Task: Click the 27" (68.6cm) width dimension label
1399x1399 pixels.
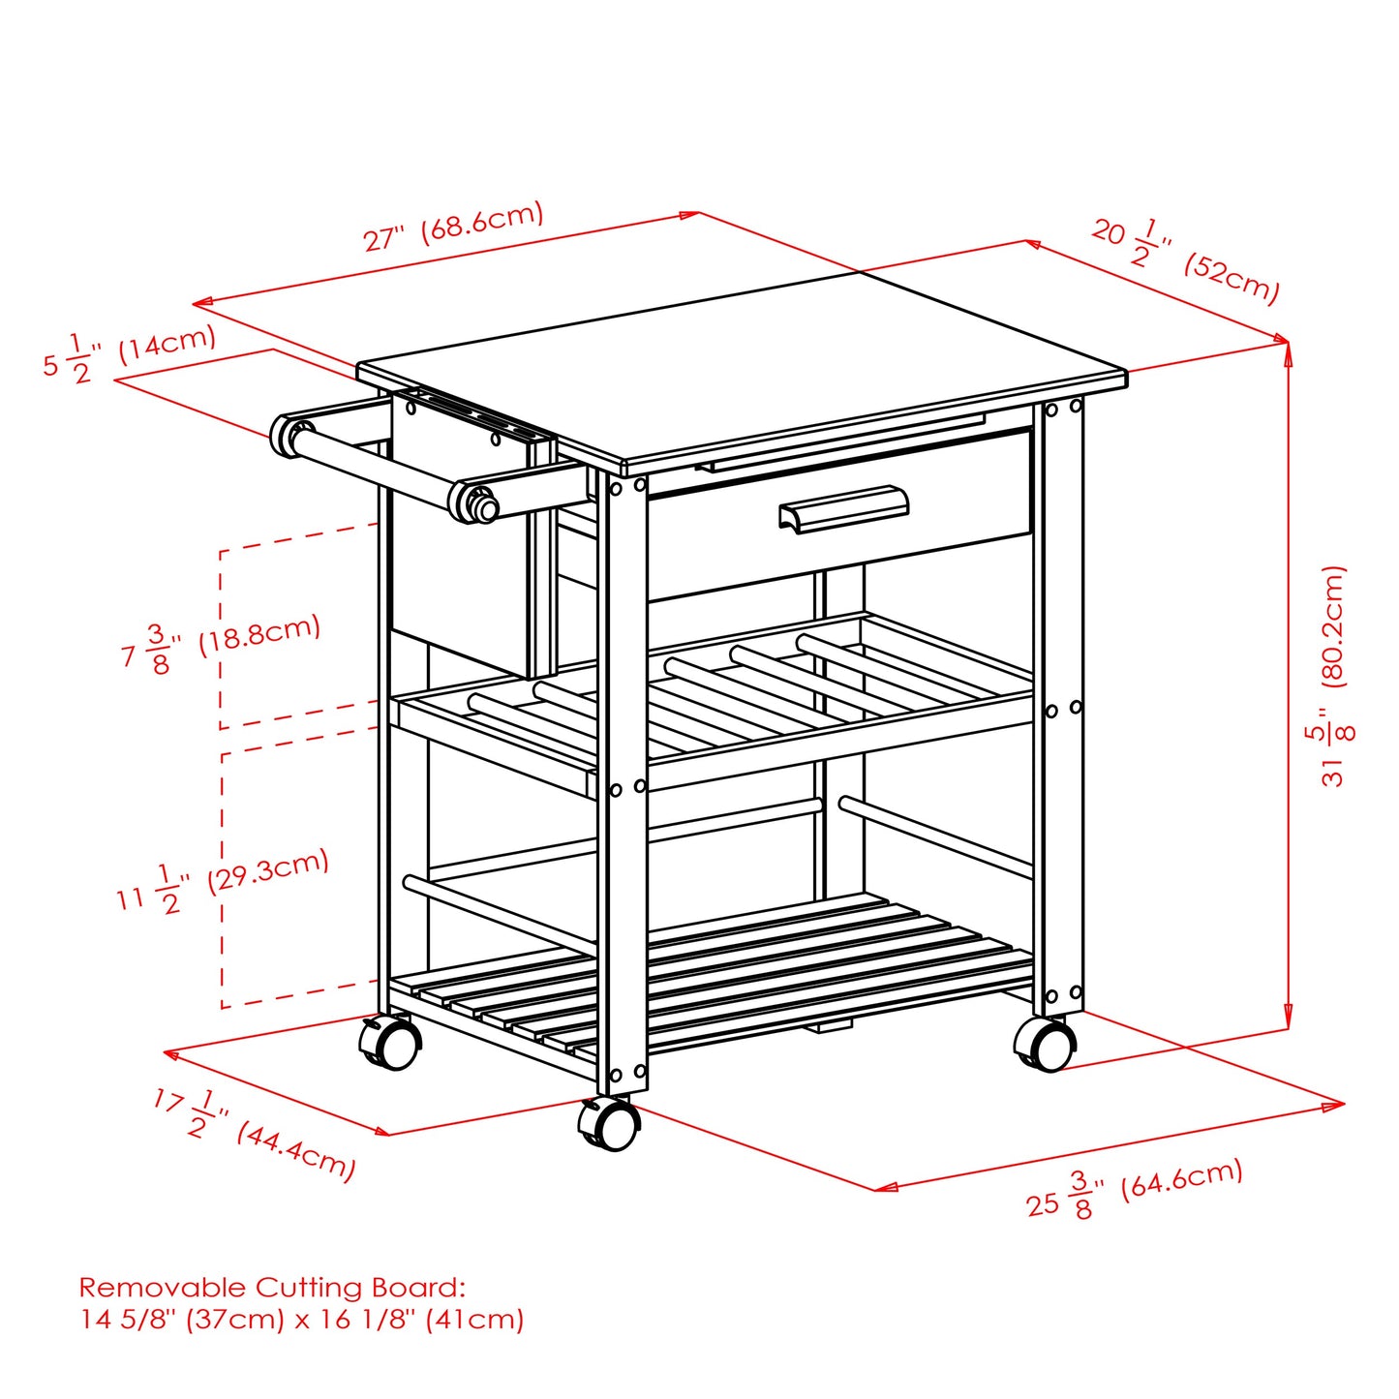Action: (453, 228)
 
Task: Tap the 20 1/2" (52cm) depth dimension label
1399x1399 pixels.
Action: (1186, 259)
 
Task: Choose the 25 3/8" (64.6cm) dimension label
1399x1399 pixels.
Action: (1134, 1190)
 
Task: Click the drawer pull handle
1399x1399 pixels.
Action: (843, 507)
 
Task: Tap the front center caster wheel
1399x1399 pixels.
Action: (608, 1125)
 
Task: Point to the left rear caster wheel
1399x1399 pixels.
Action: (390, 1044)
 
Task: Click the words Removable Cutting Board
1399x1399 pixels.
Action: (271, 1288)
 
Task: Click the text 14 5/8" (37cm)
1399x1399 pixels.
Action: (181, 1320)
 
